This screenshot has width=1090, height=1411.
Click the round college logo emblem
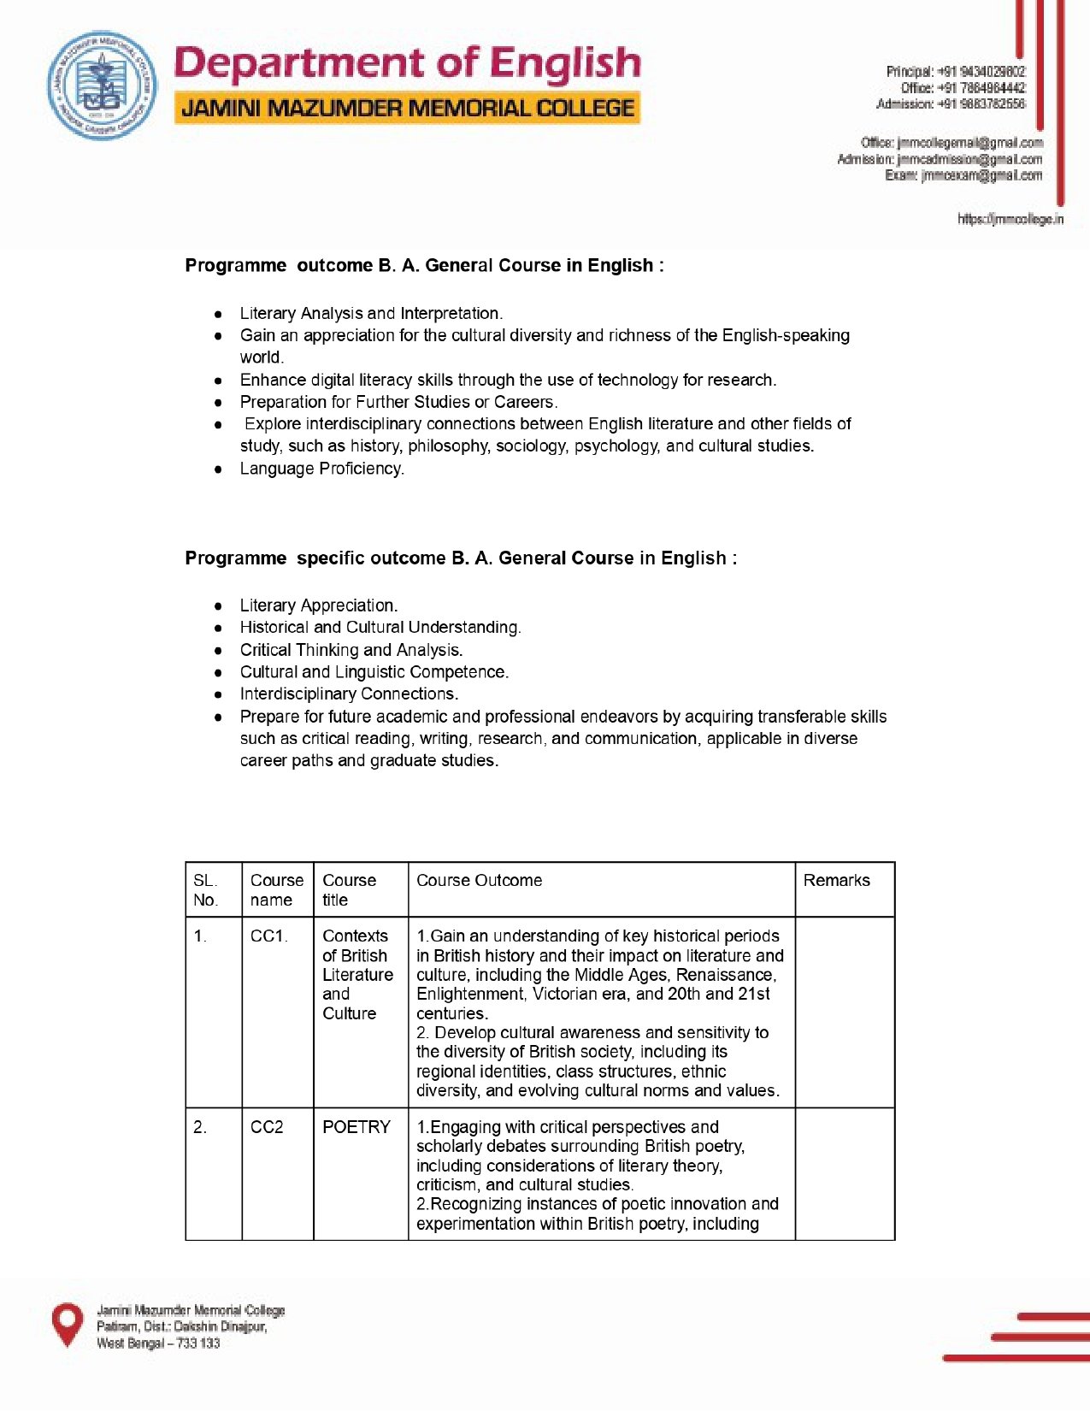click(x=102, y=86)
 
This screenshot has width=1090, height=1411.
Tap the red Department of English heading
click(x=407, y=64)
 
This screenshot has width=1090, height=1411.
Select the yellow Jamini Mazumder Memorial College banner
click(x=407, y=109)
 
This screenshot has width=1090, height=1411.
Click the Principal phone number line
click(x=955, y=72)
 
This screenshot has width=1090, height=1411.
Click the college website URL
click(x=1010, y=220)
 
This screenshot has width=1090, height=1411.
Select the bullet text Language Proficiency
click(x=321, y=469)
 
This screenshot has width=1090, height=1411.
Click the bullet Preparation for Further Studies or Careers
click(x=398, y=402)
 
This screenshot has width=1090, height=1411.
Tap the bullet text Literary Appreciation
click(x=318, y=605)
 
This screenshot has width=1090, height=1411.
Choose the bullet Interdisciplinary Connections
click(x=349, y=694)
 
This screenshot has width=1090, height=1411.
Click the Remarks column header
click(x=836, y=881)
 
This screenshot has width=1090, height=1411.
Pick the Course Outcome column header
click(x=479, y=881)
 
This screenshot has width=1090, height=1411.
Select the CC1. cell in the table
click(x=268, y=936)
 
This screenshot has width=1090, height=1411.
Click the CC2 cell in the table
click(x=267, y=1127)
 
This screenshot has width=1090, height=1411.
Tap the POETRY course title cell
click(x=356, y=1127)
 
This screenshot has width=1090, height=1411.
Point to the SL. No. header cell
click(x=205, y=890)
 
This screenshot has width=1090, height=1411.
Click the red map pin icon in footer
click(x=68, y=1324)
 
